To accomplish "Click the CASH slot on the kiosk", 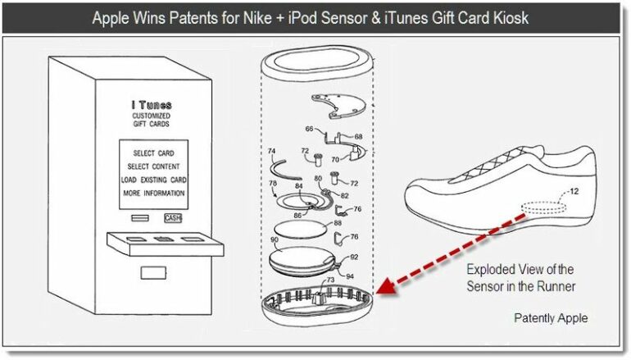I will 172,217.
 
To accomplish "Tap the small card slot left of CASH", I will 138,217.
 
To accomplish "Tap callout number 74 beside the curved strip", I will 271,152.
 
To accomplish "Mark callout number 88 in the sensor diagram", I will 337,223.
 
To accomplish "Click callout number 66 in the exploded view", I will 309,129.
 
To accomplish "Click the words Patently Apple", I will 550,318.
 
